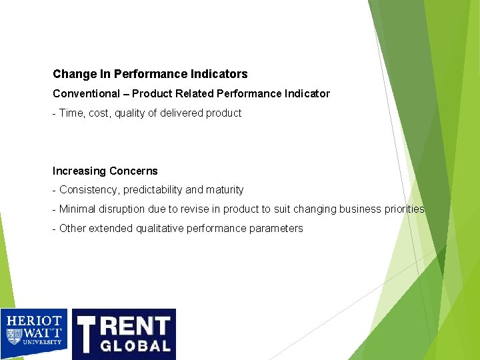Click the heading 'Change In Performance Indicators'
(x=150, y=74)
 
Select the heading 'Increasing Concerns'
(x=105, y=171)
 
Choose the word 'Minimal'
(x=77, y=209)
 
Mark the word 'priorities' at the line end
(x=405, y=209)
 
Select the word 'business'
(x=361, y=209)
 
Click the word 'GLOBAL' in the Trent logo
(x=136, y=345)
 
